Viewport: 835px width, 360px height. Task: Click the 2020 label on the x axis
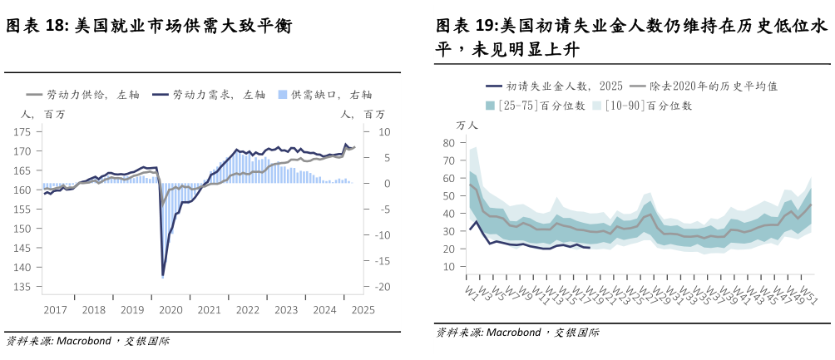click(170, 310)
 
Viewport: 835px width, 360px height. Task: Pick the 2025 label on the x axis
click(363, 310)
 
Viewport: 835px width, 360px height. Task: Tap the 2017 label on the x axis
click(55, 310)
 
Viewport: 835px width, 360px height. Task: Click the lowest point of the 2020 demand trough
click(163, 275)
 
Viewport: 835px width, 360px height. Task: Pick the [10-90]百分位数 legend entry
click(648, 106)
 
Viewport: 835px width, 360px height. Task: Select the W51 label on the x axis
click(806, 295)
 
